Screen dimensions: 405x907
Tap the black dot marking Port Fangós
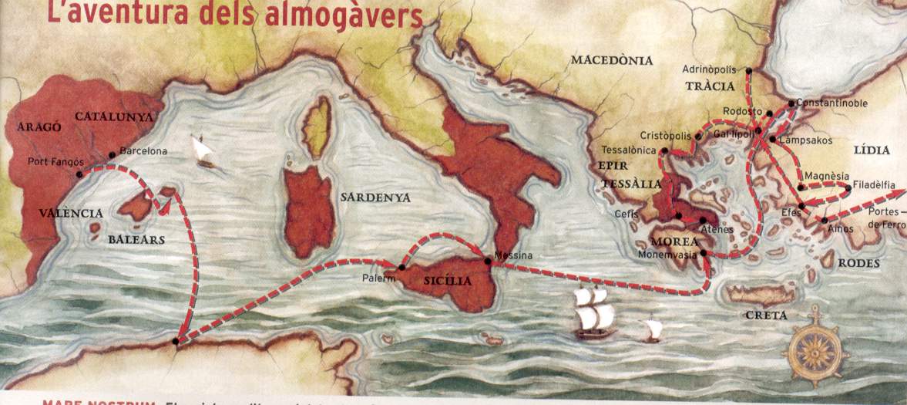tap(79, 174)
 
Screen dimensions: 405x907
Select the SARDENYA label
tap(375, 197)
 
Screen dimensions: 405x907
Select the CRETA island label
tap(766, 316)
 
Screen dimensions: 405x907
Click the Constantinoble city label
tap(831, 103)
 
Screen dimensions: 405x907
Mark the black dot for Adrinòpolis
tap(749, 70)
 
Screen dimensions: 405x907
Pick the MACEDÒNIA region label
tap(611, 60)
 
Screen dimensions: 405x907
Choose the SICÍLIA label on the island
tap(447, 282)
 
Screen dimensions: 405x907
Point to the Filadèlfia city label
tap(875, 185)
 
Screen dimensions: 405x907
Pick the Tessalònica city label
tap(630, 150)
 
